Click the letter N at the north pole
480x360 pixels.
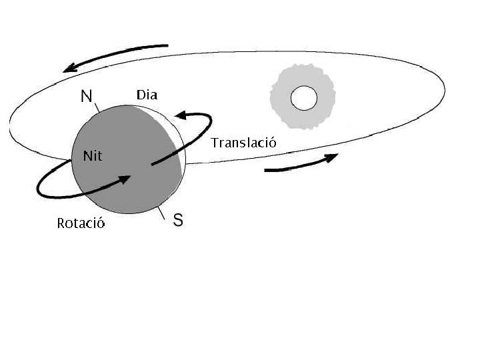[x=86, y=96]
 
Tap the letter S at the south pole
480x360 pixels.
[x=178, y=220]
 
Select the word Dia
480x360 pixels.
[x=147, y=95]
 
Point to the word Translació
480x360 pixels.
[x=243, y=142]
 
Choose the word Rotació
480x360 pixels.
[x=81, y=223]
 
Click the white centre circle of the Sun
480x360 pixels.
[x=303, y=99]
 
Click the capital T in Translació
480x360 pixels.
[x=215, y=142]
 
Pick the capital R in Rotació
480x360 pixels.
[x=61, y=223]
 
